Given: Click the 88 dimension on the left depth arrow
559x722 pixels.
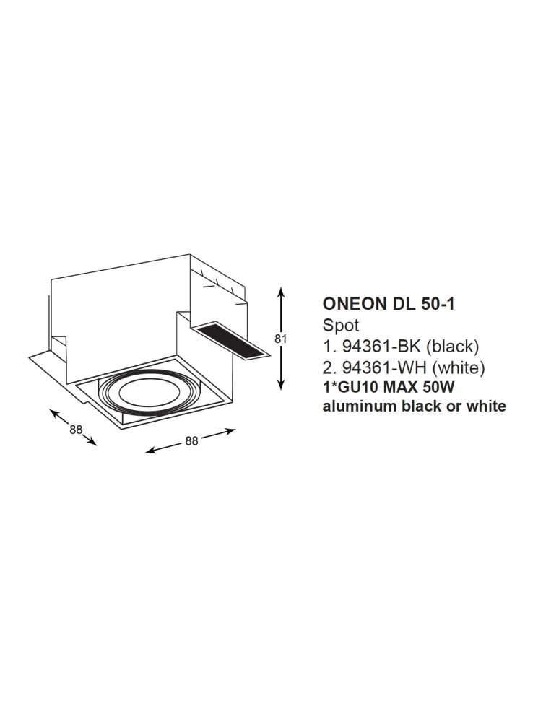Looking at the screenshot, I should (x=76, y=429).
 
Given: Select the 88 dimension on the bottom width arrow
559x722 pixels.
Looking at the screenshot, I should (x=191, y=441).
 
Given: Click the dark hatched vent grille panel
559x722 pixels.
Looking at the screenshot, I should (x=229, y=342).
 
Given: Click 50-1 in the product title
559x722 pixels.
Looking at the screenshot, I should (x=437, y=305).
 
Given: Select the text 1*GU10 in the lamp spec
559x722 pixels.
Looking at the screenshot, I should (x=347, y=387).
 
